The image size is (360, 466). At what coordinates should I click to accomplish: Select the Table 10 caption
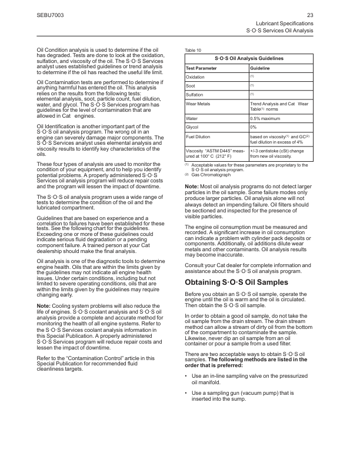[193, 50]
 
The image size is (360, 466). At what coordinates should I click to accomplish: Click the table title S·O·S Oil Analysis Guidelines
[249, 59]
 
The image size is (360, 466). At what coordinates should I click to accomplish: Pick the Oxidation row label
[195, 77]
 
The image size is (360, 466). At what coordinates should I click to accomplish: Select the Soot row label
[191, 86]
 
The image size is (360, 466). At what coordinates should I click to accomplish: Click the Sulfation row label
[195, 95]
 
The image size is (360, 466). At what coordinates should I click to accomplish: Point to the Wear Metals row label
[198, 104]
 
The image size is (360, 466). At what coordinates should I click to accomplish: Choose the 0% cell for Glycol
[254, 127]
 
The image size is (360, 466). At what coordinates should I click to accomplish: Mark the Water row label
[192, 118]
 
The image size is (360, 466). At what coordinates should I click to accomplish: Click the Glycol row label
[193, 127]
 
